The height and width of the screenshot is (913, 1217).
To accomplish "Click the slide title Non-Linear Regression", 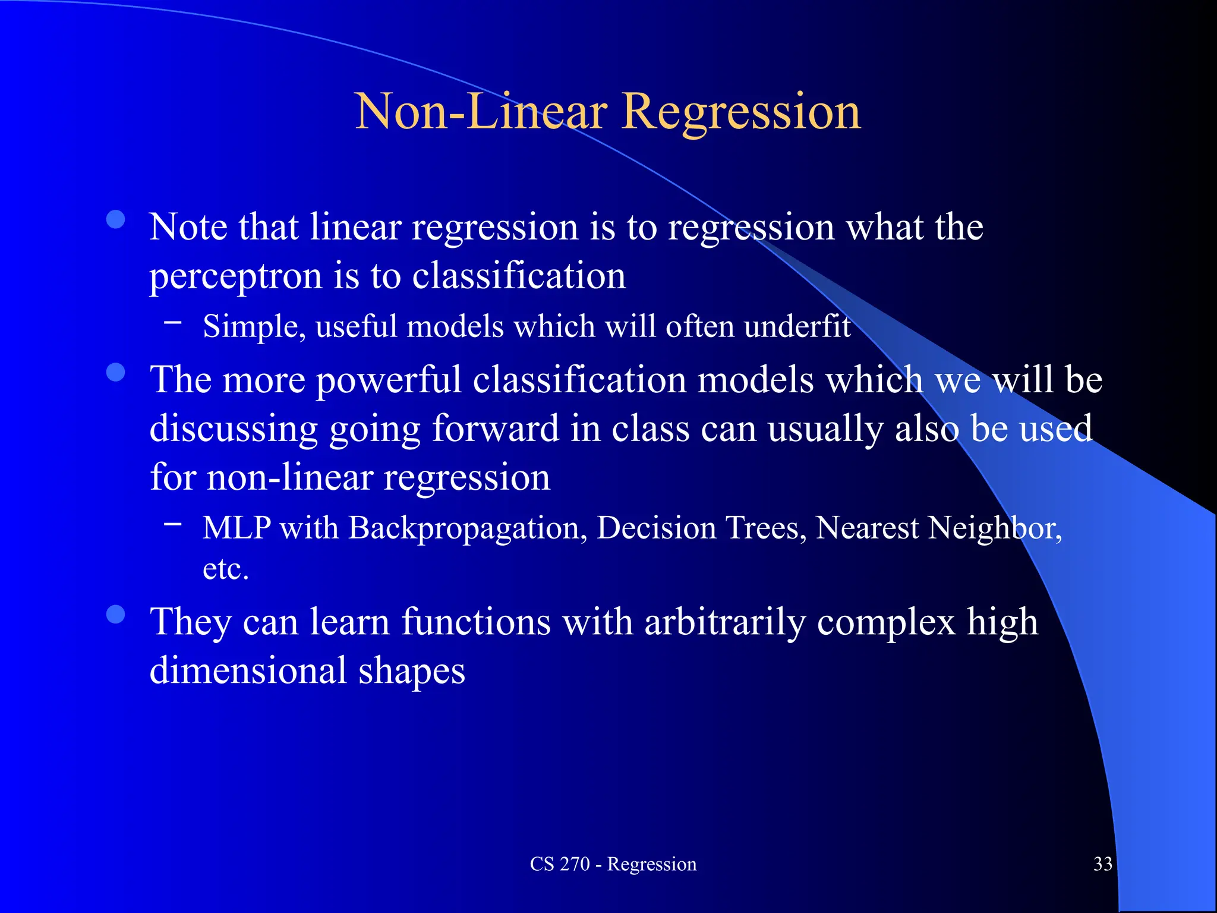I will [x=607, y=111].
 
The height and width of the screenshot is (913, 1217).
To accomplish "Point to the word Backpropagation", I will [x=464, y=527].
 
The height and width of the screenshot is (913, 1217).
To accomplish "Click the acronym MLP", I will [x=237, y=527].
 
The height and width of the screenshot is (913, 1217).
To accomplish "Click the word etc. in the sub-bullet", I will [x=225, y=569].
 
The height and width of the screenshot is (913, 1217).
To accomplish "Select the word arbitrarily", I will [x=725, y=622].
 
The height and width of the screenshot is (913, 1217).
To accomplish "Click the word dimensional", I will [x=248, y=670].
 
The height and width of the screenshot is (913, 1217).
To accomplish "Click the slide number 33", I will [x=1102, y=864].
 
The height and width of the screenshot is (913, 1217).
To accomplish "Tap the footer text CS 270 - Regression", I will [x=613, y=864].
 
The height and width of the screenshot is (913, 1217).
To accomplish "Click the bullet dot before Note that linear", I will [x=116, y=219].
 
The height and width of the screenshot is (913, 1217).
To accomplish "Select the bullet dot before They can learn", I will [x=116, y=614].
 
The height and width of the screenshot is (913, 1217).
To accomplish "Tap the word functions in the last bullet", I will [x=476, y=622].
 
